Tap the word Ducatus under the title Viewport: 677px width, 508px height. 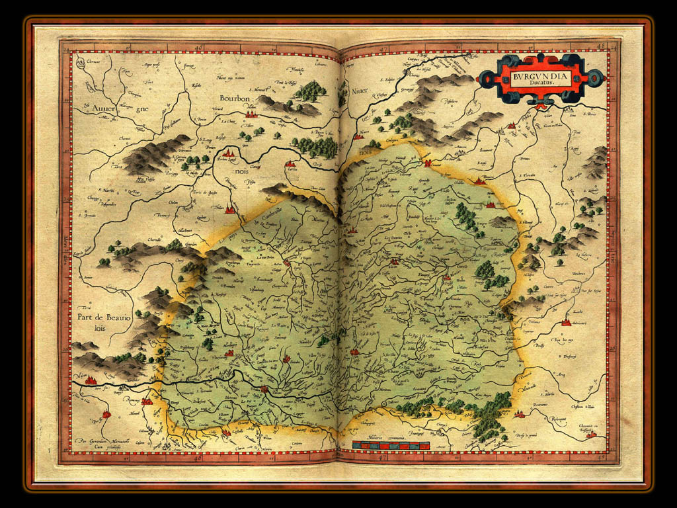pos(540,85)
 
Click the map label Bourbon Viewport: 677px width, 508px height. pos(235,99)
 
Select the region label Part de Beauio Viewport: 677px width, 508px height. pos(104,317)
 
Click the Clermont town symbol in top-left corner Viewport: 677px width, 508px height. pos(80,63)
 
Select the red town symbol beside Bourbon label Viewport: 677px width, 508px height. pos(251,113)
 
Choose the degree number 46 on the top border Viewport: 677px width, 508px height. pos(201,48)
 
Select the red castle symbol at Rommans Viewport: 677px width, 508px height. pos(147,400)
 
